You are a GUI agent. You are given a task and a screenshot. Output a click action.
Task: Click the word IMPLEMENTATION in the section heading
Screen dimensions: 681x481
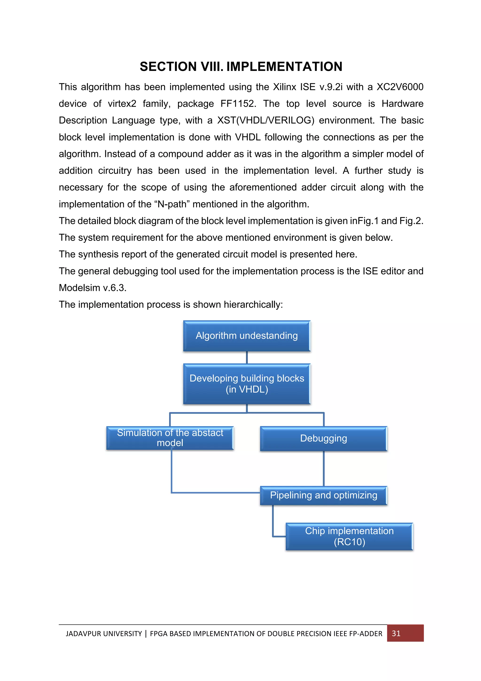[284, 67]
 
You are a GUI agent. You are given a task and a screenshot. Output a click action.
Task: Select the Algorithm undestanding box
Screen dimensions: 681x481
[247, 336]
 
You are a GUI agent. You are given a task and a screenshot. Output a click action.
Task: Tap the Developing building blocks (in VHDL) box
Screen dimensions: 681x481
[247, 384]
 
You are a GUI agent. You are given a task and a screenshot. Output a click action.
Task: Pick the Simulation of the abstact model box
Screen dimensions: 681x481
[170, 438]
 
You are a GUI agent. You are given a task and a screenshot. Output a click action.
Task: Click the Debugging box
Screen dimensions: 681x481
[323, 438]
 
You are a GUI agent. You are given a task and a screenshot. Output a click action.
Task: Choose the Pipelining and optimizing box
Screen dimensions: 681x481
[323, 495]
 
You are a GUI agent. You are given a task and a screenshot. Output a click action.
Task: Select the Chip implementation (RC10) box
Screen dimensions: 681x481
[349, 536]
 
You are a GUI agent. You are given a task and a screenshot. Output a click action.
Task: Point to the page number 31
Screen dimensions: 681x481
[396, 633]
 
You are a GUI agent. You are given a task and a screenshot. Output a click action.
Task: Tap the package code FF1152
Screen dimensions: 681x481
[238, 104]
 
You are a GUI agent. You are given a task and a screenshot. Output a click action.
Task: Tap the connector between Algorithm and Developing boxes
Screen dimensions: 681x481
[247, 357]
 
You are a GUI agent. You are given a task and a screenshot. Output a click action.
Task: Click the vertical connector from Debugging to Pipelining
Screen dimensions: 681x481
[323, 468]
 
